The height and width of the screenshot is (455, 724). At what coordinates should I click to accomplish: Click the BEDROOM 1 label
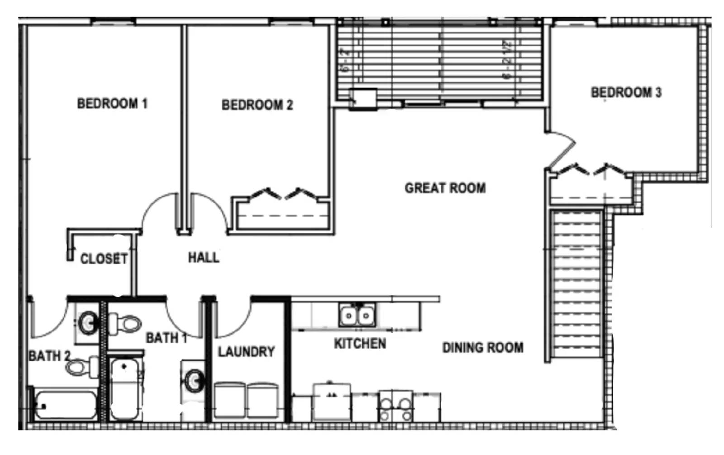tap(112, 104)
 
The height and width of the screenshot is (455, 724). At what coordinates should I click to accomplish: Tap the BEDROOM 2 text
tap(257, 105)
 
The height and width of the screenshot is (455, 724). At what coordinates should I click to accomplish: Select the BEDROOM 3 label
tap(626, 92)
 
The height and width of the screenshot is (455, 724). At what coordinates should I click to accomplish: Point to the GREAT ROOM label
tap(445, 188)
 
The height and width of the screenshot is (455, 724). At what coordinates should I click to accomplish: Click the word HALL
tap(204, 258)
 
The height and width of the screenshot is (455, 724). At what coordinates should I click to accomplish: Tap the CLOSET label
tap(104, 259)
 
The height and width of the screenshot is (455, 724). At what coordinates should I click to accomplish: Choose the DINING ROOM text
tap(483, 348)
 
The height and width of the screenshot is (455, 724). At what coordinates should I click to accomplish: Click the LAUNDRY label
tap(246, 352)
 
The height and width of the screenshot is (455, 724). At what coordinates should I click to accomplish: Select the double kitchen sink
tap(357, 315)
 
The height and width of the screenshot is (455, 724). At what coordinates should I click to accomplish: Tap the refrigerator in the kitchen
tap(332, 402)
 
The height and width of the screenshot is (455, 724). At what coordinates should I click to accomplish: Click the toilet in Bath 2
tap(81, 366)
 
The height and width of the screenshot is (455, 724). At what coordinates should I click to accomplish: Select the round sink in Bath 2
tap(88, 323)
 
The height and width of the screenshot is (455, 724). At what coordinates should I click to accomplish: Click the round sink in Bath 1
tap(194, 380)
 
